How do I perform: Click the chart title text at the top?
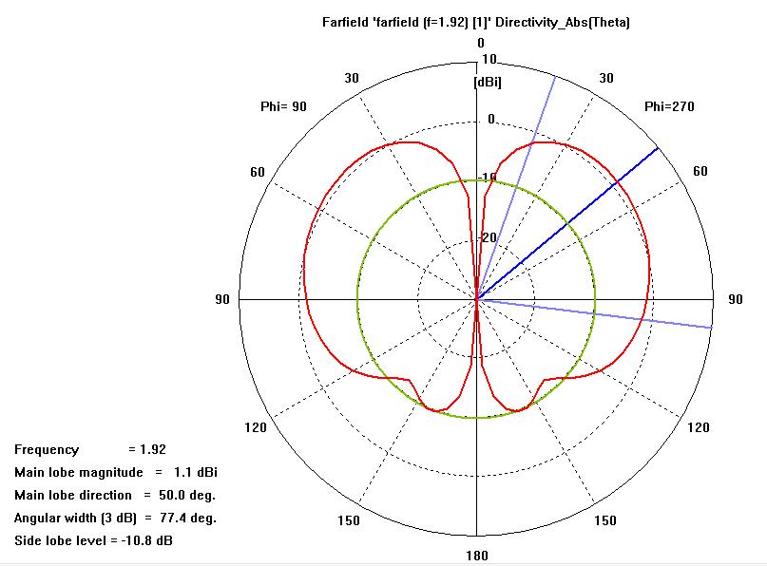tap(476, 22)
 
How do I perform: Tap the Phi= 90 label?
tap(283, 106)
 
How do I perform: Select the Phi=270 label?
tap(669, 106)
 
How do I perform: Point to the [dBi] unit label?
tap(488, 83)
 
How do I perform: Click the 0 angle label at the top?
tap(481, 43)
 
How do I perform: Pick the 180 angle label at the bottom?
tap(477, 556)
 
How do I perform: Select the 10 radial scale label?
tap(489, 59)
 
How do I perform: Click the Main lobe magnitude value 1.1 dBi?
tap(196, 472)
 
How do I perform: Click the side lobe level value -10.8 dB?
tap(145, 540)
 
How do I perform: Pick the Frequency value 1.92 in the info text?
tap(154, 449)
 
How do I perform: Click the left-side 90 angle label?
tap(223, 300)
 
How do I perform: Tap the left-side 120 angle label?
tap(256, 428)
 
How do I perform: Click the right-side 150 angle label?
tap(604, 520)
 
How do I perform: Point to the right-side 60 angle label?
tap(700, 172)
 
